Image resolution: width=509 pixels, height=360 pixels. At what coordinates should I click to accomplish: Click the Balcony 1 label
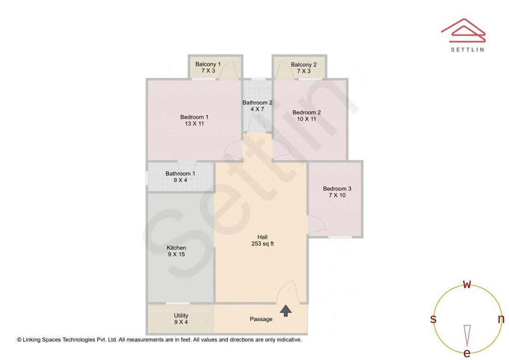click(208, 67)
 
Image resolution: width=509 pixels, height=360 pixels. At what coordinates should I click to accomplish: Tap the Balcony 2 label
click(304, 67)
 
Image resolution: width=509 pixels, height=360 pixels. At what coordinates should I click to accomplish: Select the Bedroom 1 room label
click(194, 120)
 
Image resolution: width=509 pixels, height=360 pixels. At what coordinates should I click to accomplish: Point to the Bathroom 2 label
click(257, 106)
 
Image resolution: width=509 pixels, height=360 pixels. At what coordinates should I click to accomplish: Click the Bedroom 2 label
click(306, 115)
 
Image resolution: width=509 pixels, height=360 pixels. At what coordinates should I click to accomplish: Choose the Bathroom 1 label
click(180, 176)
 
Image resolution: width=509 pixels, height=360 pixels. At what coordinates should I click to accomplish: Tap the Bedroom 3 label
click(337, 192)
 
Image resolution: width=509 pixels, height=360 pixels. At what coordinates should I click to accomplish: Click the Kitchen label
click(176, 251)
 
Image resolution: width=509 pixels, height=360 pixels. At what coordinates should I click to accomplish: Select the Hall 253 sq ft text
click(263, 240)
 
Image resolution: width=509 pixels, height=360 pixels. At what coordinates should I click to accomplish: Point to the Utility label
click(181, 319)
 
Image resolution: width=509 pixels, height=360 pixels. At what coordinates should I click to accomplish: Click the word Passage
click(261, 319)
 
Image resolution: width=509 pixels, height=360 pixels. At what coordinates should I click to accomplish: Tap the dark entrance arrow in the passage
click(286, 310)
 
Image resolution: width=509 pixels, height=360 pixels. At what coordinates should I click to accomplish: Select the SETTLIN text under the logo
click(467, 49)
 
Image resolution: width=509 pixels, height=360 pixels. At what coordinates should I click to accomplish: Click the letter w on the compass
click(467, 284)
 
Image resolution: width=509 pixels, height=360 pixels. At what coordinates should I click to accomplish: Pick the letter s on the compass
click(433, 319)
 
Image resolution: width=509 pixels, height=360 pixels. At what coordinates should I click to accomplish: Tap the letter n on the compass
click(501, 319)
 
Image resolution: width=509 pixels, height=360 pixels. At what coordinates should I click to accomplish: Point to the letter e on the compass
click(467, 353)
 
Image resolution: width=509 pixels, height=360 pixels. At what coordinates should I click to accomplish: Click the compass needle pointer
click(467, 335)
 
